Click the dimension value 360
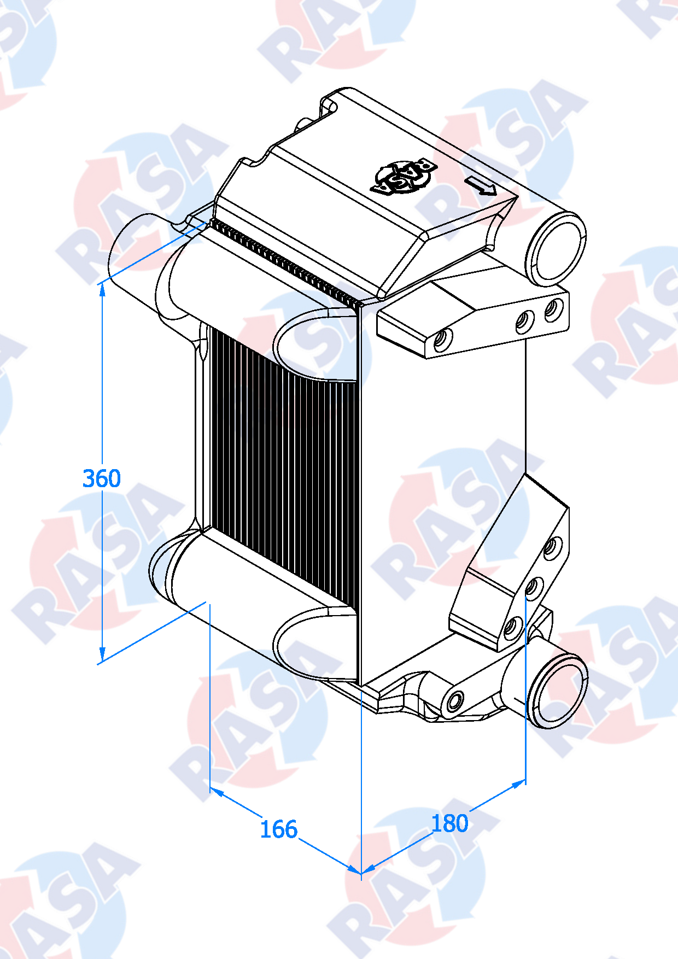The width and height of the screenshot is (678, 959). coord(102,478)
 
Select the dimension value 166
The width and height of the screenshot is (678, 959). coord(278,829)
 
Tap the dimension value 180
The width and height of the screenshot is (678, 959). coord(449,823)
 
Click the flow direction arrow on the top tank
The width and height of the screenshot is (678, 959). coord(481,186)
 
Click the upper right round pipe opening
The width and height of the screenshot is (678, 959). coord(557,249)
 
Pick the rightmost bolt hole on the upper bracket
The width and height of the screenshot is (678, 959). coord(554,310)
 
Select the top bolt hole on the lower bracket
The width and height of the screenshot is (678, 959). coord(553,546)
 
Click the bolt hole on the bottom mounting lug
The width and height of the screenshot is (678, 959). coord(455,700)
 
